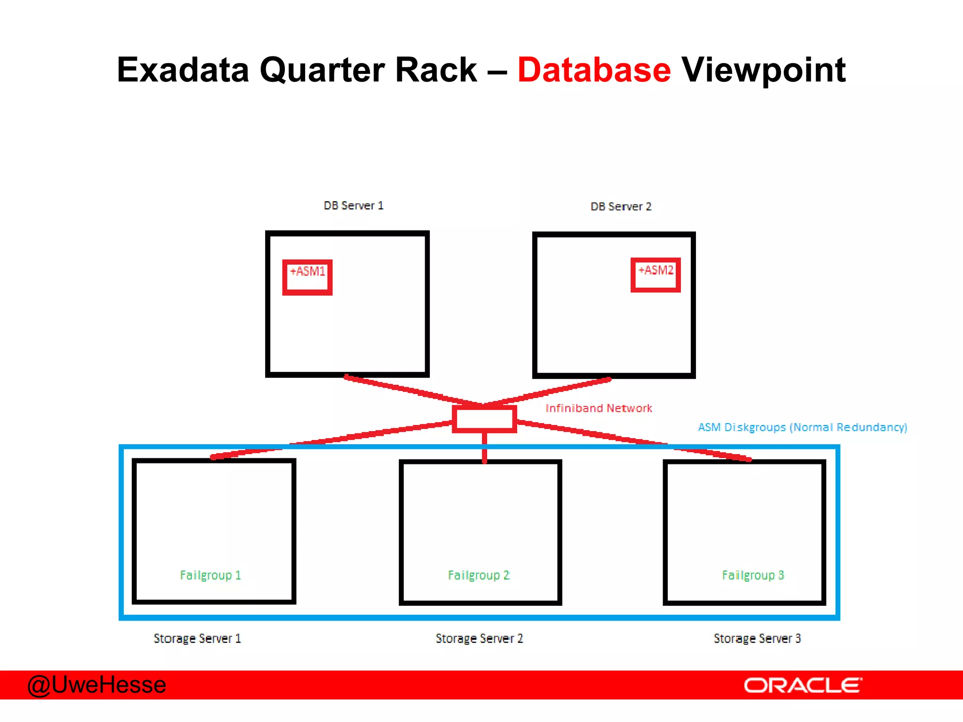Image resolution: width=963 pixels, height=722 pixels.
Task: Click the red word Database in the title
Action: (594, 71)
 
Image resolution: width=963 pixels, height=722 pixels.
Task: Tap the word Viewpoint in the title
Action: (763, 71)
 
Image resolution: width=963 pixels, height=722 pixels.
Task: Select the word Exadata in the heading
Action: (182, 71)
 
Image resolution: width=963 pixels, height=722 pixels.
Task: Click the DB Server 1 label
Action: (354, 206)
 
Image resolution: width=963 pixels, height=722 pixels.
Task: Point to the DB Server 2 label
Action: (621, 207)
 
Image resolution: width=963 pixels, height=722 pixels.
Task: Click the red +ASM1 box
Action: (307, 277)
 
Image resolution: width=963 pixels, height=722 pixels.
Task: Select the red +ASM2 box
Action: (655, 275)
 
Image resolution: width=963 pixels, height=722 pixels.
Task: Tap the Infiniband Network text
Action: (599, 408)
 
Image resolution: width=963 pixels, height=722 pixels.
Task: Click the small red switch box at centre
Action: (484, 419)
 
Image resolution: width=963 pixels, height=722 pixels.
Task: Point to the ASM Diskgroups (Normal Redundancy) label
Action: (802, 427)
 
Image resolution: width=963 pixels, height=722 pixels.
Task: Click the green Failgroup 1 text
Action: (210, 575)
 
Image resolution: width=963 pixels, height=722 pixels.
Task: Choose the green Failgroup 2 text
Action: (478, 575)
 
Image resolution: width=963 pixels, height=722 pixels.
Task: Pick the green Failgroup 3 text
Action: (753, 575)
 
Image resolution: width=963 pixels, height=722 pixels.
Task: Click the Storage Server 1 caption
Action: (197, 639)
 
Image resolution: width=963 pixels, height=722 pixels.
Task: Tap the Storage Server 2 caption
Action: (479, 639)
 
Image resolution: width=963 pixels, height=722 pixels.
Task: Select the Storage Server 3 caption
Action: (757, 639)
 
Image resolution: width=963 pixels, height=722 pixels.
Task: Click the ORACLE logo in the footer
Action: (803, 685)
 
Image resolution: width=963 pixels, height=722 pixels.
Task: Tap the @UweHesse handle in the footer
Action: (97, 685)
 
